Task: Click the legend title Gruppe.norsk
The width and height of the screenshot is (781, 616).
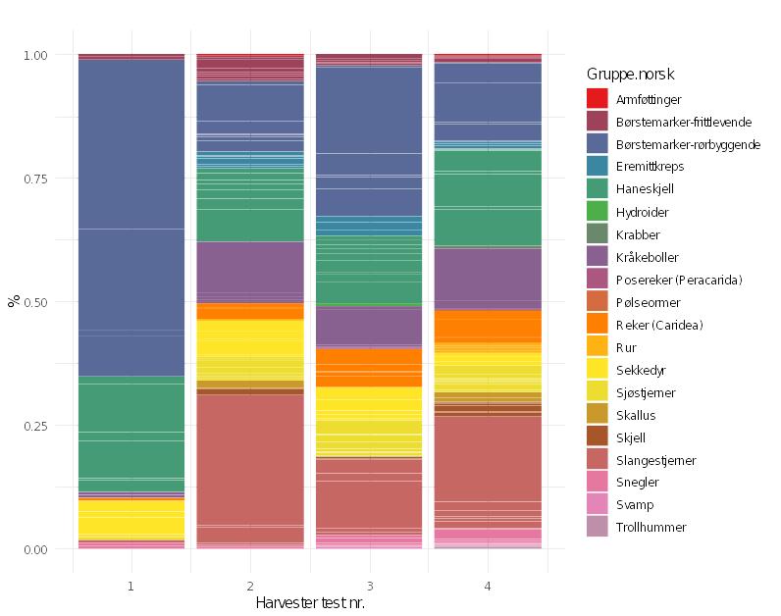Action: pos(630,75)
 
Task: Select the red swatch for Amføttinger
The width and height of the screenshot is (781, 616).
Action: pos(599,99)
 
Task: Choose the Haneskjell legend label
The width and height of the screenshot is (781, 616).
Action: pos(645,189)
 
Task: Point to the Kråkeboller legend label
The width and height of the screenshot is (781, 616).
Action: pos(648,257)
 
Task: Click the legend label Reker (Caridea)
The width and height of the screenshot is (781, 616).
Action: pos(659,325)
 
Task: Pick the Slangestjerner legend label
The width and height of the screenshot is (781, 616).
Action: pos(655,460)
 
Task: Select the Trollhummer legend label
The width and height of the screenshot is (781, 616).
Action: pos(651,528)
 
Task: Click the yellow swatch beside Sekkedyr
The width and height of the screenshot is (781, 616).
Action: pos(599,370)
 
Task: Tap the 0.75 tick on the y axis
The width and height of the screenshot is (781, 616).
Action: pos(36,179)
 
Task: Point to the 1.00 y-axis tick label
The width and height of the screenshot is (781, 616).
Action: pos(36,55)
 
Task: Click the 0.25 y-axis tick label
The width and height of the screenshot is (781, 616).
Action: pos(36,426)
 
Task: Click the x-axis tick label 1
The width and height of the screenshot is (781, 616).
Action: pos(131,586)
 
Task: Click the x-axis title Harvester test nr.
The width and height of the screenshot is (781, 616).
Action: pos(310,601)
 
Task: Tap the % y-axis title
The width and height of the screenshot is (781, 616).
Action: pos(13,301)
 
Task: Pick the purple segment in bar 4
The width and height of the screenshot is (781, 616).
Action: pos(488,280)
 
